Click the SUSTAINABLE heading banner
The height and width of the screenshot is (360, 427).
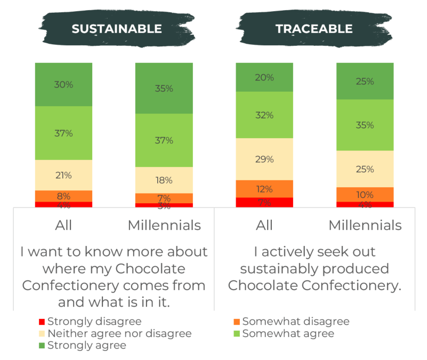(x=116, y=28)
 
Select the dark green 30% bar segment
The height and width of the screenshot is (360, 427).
(x=63, y=84)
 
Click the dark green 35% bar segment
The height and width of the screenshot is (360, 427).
(x=164, y=88)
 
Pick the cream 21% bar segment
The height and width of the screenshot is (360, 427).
(x=63, y=175)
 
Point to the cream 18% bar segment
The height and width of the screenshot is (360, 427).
(x=164, y=180)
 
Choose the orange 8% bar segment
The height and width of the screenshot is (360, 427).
(x=63, y=196)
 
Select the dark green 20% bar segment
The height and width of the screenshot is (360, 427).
(x=264, y=77)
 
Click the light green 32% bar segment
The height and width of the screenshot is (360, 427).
(x=264, y=115)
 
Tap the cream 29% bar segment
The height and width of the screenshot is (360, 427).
(x=264, y=159)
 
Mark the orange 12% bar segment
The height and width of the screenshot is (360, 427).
(x=264, y=189)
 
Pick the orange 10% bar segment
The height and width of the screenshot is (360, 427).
(x=365, y=194)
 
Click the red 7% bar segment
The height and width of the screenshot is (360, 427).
(x=264, y=202)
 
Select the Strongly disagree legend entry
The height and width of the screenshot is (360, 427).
(x=91, y=322)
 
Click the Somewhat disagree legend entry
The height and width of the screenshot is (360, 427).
(x=292, y=322)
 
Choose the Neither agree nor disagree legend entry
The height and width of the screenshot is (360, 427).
(x=115, y=333)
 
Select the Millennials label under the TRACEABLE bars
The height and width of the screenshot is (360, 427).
(x=365, y=226)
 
